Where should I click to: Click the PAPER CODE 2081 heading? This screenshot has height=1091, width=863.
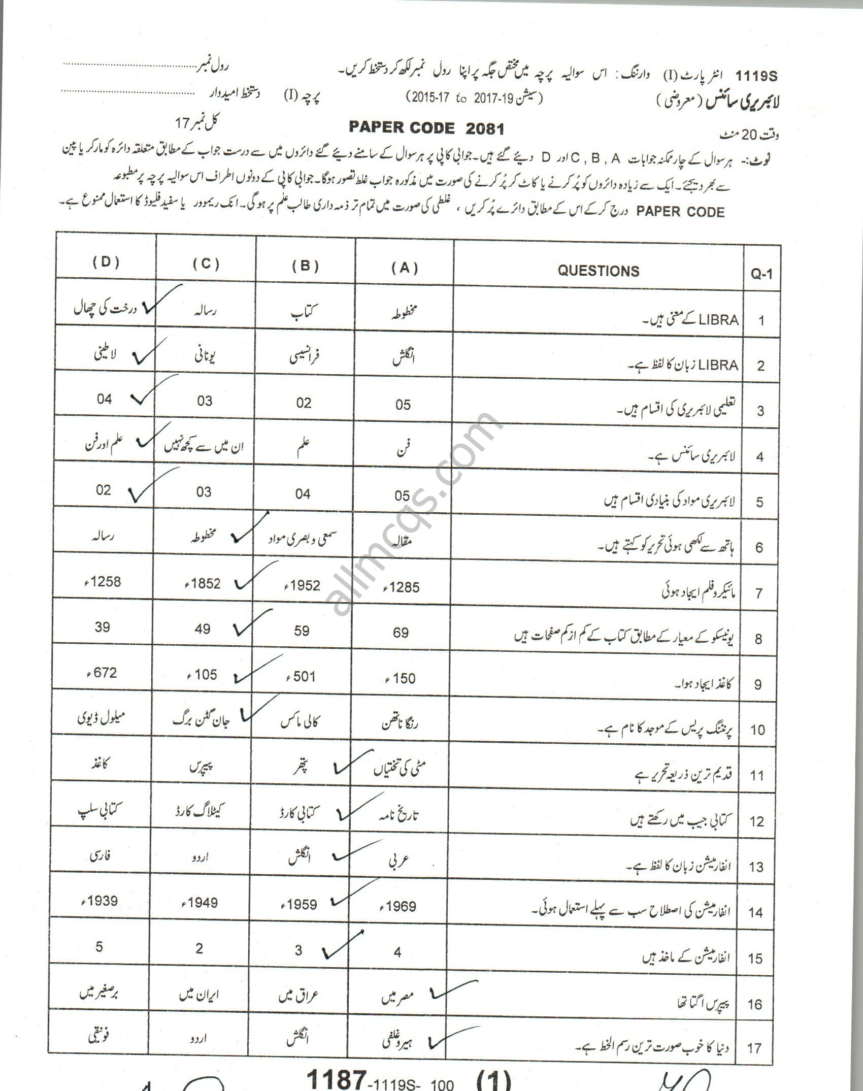pos(426,128)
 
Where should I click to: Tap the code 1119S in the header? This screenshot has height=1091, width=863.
pos(756,77)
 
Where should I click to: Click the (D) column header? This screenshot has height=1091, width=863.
pos(106,262)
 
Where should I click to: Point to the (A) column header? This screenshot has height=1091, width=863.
pos(405,268)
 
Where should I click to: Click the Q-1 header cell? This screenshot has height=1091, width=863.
pos(761,275)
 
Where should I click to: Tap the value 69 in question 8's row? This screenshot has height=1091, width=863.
pos(401,633)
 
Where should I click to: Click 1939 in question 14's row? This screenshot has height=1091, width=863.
pos(99,901)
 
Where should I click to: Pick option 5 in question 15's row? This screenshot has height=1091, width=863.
pos(99,946)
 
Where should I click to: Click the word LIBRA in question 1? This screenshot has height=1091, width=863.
pos(718,320)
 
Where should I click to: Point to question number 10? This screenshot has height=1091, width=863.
pos(757,730)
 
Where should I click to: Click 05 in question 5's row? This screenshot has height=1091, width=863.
pos(402,495)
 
